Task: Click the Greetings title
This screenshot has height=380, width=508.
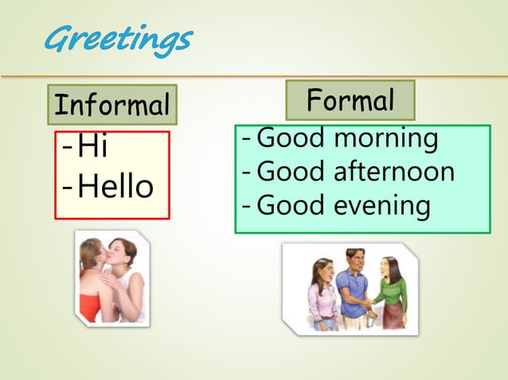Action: [118, 38]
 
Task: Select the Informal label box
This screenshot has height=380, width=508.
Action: [111, 104]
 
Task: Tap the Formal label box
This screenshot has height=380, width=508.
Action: [350, 100]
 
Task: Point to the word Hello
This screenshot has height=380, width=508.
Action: [115, 188]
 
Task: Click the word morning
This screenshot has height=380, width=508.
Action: [385, 138]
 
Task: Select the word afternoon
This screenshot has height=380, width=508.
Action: [393, 171]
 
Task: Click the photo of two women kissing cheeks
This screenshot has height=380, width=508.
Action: [112, 277]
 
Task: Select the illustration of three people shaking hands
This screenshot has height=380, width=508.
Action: [350, 289]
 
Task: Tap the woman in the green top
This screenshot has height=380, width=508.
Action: [389, 290]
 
